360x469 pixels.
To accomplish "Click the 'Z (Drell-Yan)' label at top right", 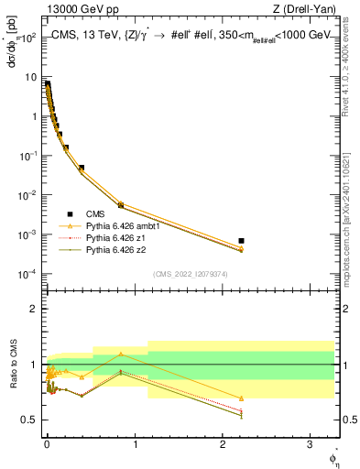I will click(x=304, y=9).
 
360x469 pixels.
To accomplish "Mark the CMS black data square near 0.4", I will click(x=82, y=168).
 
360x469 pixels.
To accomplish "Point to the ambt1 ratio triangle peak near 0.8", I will click(x=121, y=354).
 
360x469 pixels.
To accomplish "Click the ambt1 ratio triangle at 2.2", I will click(x=241, y=398).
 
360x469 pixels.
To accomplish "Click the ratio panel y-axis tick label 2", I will click(x=35, y=309).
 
